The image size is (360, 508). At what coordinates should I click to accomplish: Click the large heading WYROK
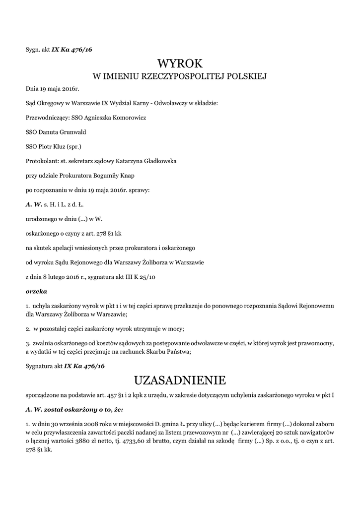coord(180,63)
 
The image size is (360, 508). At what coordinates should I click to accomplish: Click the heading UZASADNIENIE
coord(180,381)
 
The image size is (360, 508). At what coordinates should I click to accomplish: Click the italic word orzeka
coord(36,291)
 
